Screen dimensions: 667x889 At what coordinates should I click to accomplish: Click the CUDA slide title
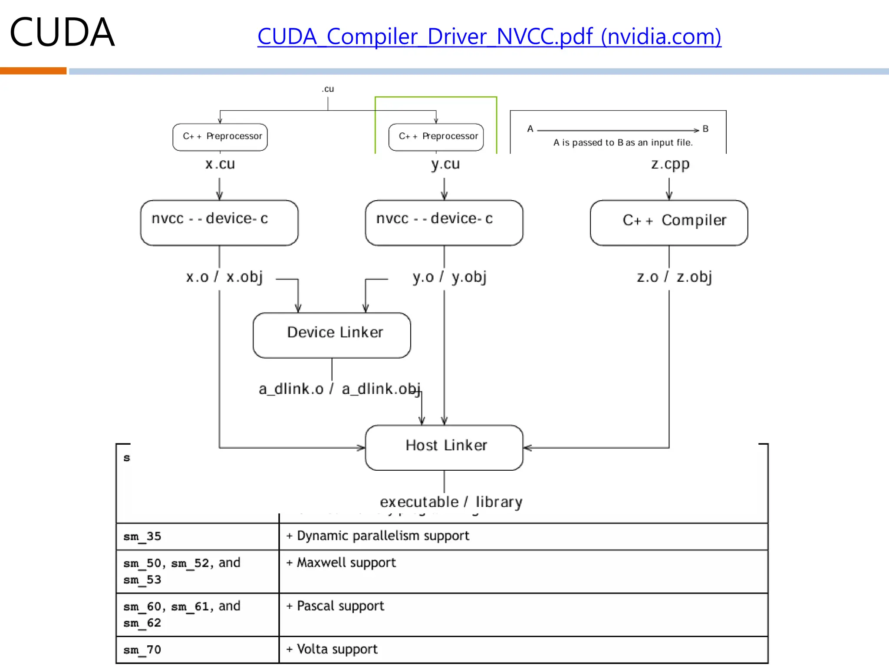click(62, 32)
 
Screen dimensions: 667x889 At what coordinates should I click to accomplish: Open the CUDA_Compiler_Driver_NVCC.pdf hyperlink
click(489, 36)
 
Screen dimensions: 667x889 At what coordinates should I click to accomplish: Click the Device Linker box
click(332, 335)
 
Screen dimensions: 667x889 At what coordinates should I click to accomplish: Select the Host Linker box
click(444, 447)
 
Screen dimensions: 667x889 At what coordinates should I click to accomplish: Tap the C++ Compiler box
click(669, 222)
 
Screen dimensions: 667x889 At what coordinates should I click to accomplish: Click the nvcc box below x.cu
click(219, 222)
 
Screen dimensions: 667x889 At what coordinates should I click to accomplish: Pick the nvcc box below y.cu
click(444, 222)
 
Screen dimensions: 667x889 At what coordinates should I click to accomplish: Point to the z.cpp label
click(670, 164)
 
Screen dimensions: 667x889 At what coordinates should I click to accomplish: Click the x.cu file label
click(220, 164)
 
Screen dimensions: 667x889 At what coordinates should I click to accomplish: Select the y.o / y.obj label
click(449, 277)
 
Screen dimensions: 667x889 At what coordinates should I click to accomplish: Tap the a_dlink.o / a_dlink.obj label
click(339, 389)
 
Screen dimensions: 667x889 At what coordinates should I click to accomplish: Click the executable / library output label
click(451, 502)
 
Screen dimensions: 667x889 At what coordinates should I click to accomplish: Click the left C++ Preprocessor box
click(220, 137)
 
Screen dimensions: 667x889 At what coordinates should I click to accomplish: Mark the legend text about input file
click(623, 142)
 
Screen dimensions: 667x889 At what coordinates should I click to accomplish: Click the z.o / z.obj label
click(674, 277)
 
